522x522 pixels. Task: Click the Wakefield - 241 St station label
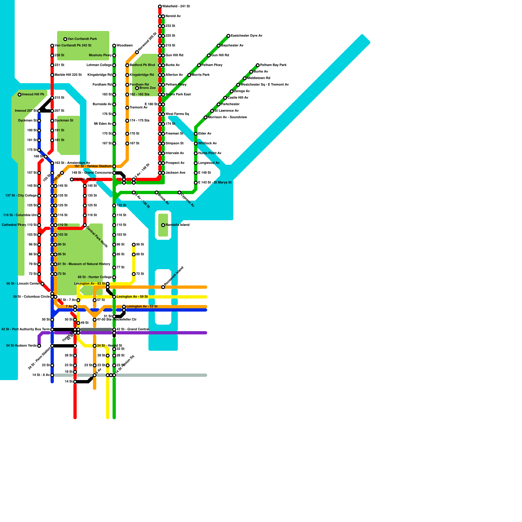click(x=176, y=7)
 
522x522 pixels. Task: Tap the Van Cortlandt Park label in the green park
click(x=82, y=39)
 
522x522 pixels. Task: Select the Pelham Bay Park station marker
click(x=258, y=65)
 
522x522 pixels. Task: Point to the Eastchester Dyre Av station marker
click(x=228, y=36)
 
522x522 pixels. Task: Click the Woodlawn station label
click(x=125, y=46)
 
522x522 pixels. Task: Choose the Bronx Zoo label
click(x=147, y=88)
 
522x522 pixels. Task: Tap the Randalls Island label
click(x=177, y=225)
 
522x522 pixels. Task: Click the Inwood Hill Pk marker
click(x=20, y=95)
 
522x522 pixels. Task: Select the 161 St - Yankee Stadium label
click(x=93, y=166)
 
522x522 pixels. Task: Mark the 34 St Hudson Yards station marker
click(x=39, y=346)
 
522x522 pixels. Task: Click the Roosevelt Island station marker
click(x=163, y=287)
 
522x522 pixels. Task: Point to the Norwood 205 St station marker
click(x=137, y=52)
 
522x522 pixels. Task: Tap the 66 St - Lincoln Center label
click(x=23, y=284)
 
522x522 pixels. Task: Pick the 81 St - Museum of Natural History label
click(x=84, y=264)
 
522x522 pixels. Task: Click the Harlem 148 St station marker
click(x=72, y=179)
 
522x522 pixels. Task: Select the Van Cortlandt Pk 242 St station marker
click(x=52, y=46)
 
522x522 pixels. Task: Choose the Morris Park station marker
click(x=189, y=75)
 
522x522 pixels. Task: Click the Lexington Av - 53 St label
click(x=142, y=307)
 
